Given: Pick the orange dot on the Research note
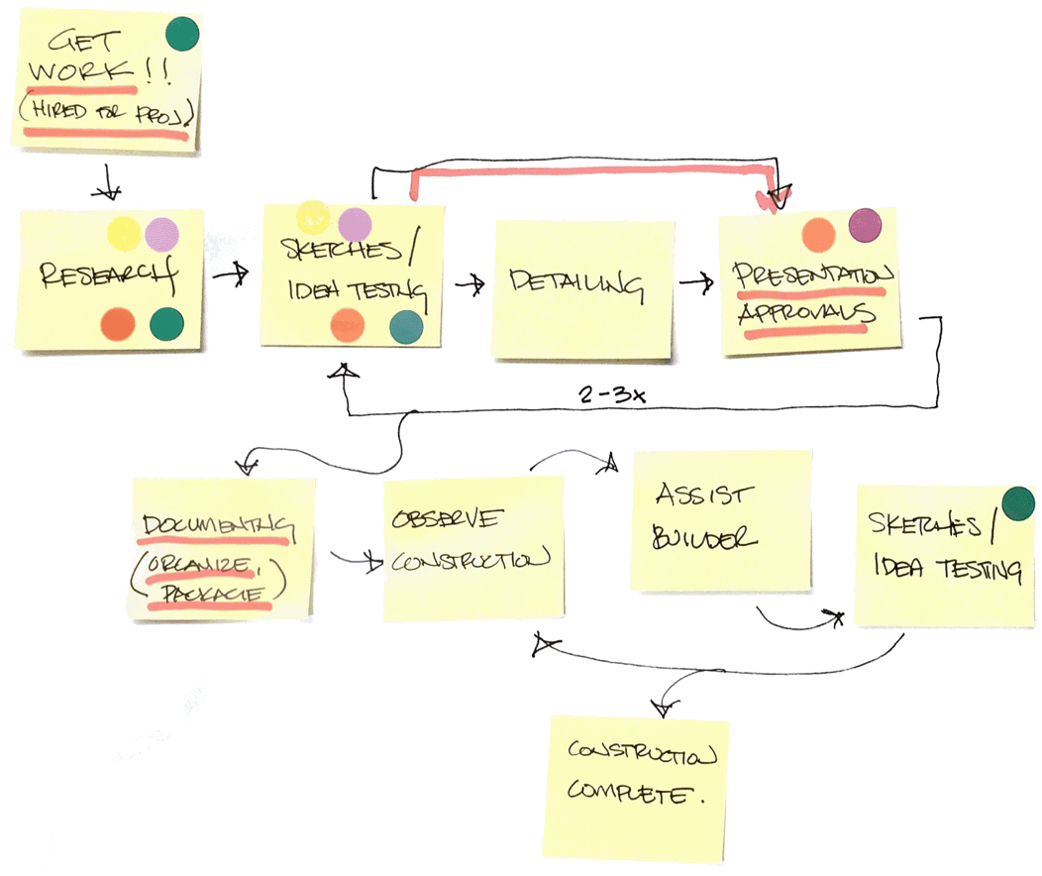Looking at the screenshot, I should click(x=117, y=323).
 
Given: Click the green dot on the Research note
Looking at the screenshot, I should click(x=165, y=323).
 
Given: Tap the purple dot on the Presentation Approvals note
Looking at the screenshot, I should click(x=865, y=225).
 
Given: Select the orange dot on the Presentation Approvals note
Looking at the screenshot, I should click(x=818, y=234).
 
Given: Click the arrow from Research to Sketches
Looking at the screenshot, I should click(x=231, y=277).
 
